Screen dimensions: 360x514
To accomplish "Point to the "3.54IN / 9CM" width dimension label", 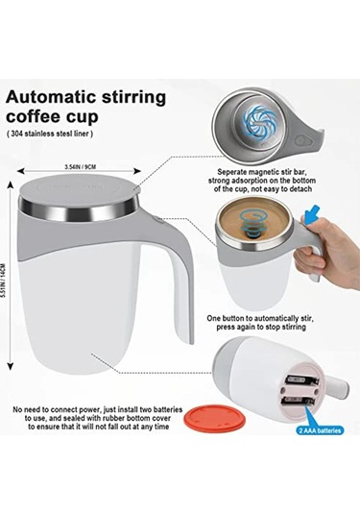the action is (x=81, y=167).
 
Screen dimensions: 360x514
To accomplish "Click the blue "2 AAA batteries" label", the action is (x=321, y=430).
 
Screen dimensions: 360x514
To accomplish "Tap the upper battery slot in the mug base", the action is (x=301, y=380).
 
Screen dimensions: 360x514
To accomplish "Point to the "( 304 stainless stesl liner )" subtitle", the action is (x=50, y=134).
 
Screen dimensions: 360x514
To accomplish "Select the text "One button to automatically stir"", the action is (x=262, y=318).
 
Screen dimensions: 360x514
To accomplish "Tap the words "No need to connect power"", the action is (x=58, y=409).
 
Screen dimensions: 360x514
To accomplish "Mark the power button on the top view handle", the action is (x=300, y=140).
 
